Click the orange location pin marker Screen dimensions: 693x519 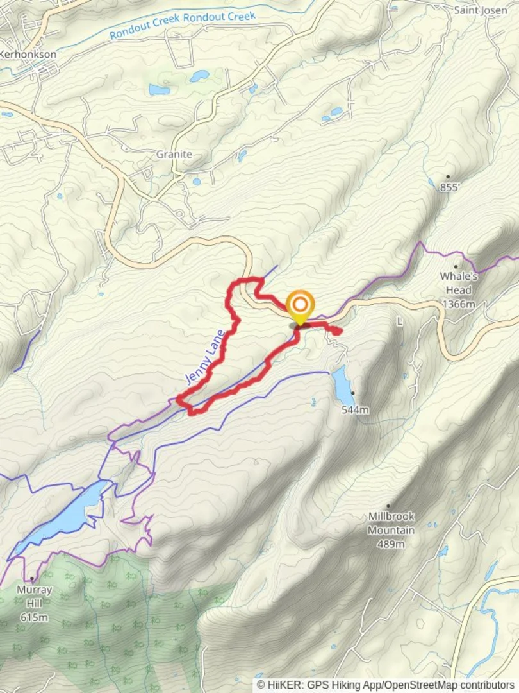300,307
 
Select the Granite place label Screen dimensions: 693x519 174,155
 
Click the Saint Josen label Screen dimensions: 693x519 481,10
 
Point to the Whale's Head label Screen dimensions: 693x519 459,283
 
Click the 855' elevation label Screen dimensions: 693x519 450,187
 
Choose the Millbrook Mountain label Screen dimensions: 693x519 391,523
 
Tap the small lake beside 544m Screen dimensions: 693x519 342,383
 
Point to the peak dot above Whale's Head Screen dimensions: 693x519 456,266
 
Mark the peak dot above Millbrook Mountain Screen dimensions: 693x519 388,506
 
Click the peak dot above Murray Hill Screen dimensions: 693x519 32,579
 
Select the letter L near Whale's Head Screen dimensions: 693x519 400,321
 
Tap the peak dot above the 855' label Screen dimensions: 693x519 448,176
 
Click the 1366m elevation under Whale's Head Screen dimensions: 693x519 459,304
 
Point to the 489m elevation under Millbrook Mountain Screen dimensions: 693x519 391,544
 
